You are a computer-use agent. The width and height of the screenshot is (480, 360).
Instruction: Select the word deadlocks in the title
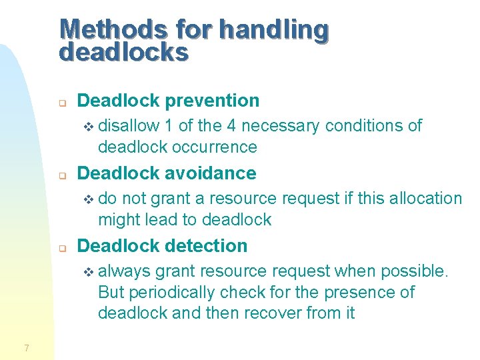coord(124,52)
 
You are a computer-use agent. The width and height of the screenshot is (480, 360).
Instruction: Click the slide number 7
coord(26,347)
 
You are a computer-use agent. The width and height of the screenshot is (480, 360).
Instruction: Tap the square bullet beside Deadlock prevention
coord(61,103)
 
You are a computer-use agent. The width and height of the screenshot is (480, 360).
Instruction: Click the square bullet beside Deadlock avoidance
coord(61,176)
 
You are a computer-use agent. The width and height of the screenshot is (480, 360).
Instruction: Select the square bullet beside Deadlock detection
coord(61,249)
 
